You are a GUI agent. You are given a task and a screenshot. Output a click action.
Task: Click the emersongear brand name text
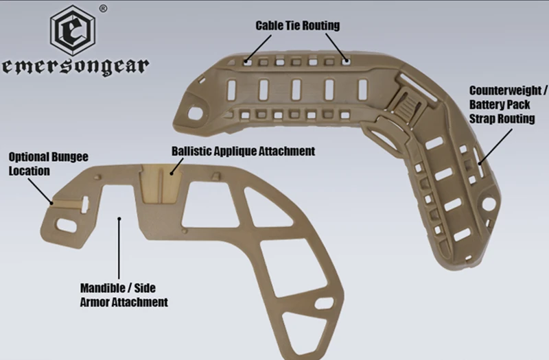75,67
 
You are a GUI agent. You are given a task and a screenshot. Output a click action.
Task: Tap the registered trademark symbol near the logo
103,8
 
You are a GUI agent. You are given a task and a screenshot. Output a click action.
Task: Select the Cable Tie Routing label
297,25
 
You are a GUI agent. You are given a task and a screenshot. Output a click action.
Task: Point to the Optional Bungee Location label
38,163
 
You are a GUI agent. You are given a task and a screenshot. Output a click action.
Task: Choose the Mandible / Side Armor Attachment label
124,294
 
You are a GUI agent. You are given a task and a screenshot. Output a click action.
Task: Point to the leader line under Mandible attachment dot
120,250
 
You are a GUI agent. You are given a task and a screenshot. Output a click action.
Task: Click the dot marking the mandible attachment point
120,219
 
